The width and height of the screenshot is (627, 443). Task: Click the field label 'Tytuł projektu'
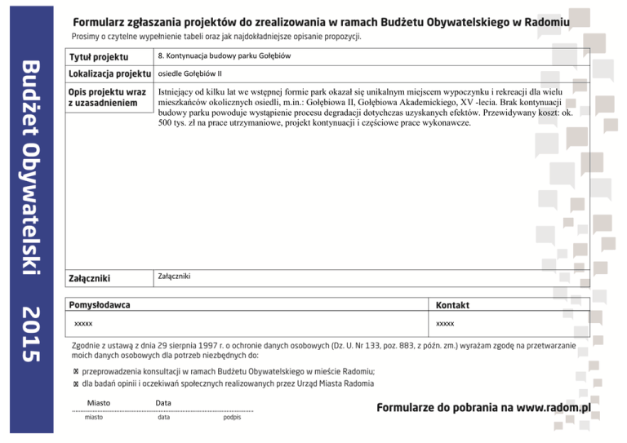(100, 57)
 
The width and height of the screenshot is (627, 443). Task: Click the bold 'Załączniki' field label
(90, 278)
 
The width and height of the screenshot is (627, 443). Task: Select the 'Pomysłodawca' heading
(100, 305)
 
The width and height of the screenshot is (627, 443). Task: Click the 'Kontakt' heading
(452, 305)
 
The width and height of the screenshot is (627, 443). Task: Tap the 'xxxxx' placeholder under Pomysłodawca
(83, 324)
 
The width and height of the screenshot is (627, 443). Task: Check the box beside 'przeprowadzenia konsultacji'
(76, 370)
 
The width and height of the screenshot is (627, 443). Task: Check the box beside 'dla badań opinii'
(76, 383)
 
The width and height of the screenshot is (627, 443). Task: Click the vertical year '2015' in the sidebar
(30, 334)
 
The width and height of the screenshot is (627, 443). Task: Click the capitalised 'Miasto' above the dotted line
(98, 403)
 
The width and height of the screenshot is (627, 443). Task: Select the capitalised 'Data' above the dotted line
(163, 403)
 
